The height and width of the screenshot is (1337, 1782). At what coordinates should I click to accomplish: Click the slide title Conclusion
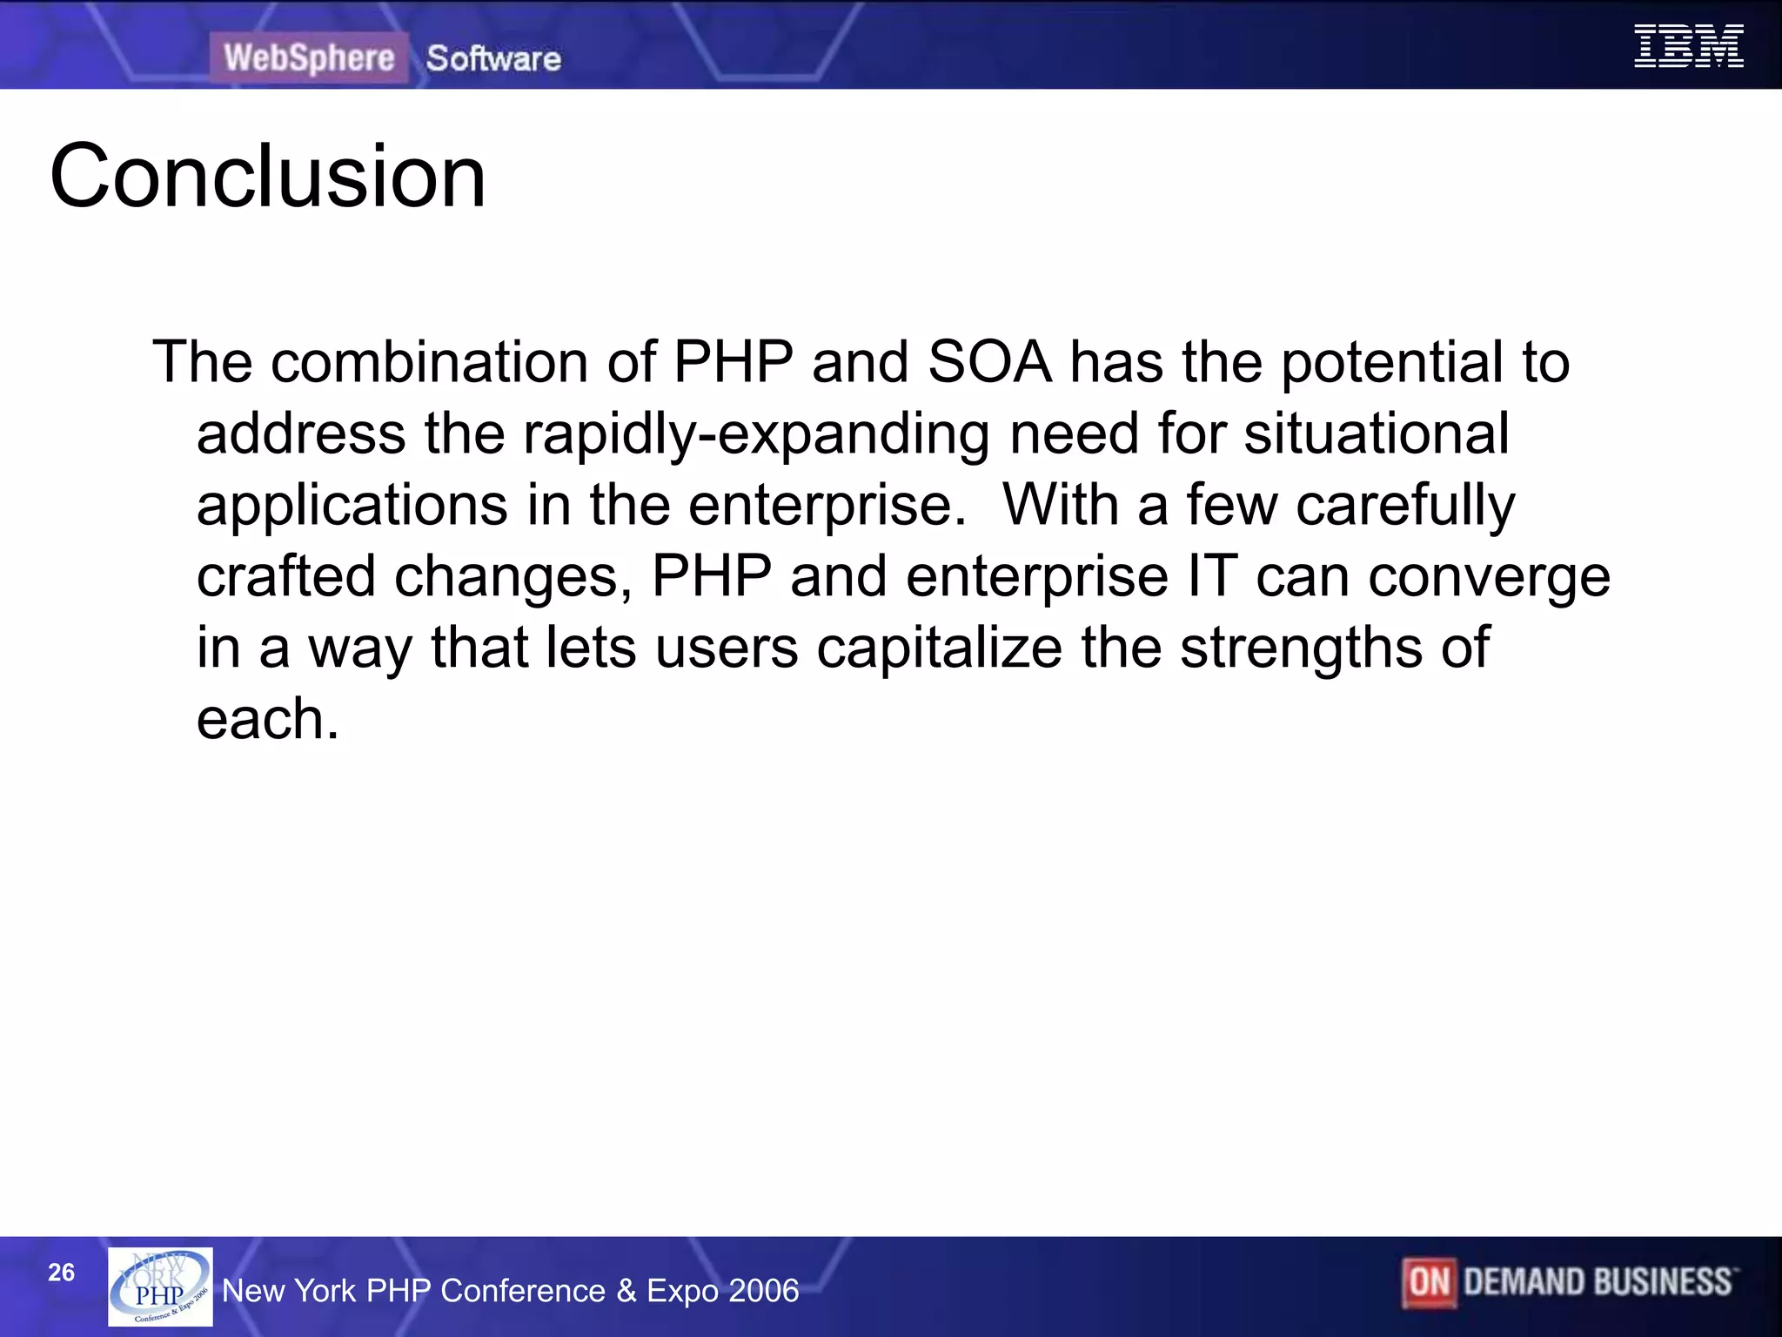[268, 177]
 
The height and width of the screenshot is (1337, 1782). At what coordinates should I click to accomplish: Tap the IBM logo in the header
[1688, 46]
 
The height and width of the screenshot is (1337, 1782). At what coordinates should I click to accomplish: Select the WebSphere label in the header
[309, 58]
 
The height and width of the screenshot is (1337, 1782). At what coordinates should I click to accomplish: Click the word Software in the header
[493, 59]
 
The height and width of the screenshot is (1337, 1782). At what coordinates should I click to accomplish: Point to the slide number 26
[61, 1273]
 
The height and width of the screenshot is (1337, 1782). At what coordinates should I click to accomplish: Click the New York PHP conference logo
[160, 1287]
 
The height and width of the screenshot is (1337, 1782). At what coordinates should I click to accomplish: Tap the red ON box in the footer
[1429, 1282]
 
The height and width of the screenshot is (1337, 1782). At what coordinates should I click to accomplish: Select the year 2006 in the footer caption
[763, 1291]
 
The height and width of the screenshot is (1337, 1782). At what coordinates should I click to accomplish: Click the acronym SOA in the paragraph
[989, 361]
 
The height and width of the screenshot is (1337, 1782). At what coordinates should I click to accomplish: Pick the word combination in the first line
[429, 361]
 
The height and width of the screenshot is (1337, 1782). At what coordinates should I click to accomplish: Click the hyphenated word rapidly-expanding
[756, 434]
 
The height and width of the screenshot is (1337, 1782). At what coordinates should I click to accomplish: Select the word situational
[1376, 433]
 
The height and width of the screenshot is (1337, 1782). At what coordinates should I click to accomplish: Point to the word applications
[352, 506]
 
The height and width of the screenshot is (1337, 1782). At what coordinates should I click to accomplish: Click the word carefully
[1405, 506]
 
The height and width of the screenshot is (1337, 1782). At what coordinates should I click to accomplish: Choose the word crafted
[285, 576]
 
